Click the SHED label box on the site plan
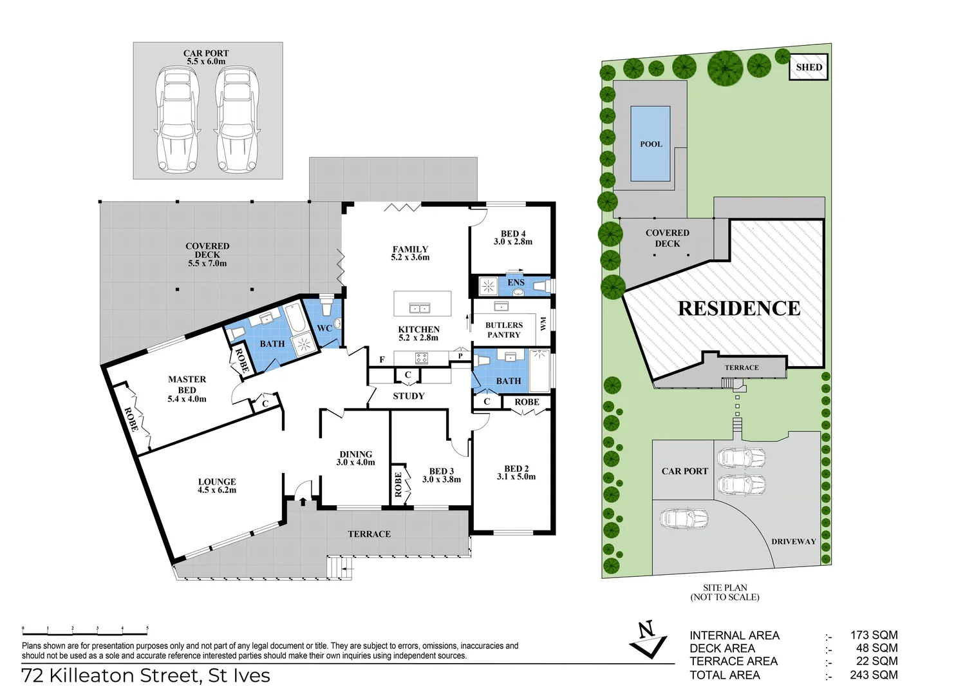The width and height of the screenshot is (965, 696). [808, 67]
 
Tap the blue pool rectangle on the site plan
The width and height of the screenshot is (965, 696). [650, 144]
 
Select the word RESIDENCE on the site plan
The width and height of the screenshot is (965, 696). [739, 309]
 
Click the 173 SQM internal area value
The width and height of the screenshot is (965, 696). [873, 635]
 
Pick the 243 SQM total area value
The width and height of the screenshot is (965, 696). [873, 675]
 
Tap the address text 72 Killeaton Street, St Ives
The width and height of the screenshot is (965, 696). [146, 675]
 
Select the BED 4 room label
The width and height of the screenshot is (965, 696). [513, 238]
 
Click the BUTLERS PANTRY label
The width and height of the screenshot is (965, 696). [503, 330]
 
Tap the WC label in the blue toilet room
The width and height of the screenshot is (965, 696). [324, 329]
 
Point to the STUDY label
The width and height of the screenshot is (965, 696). [409, 396]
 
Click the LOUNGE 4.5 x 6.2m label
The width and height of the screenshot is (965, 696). [217, 486]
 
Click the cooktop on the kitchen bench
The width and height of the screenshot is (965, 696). [422, 358]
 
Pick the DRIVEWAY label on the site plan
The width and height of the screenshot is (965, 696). [793, 542]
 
